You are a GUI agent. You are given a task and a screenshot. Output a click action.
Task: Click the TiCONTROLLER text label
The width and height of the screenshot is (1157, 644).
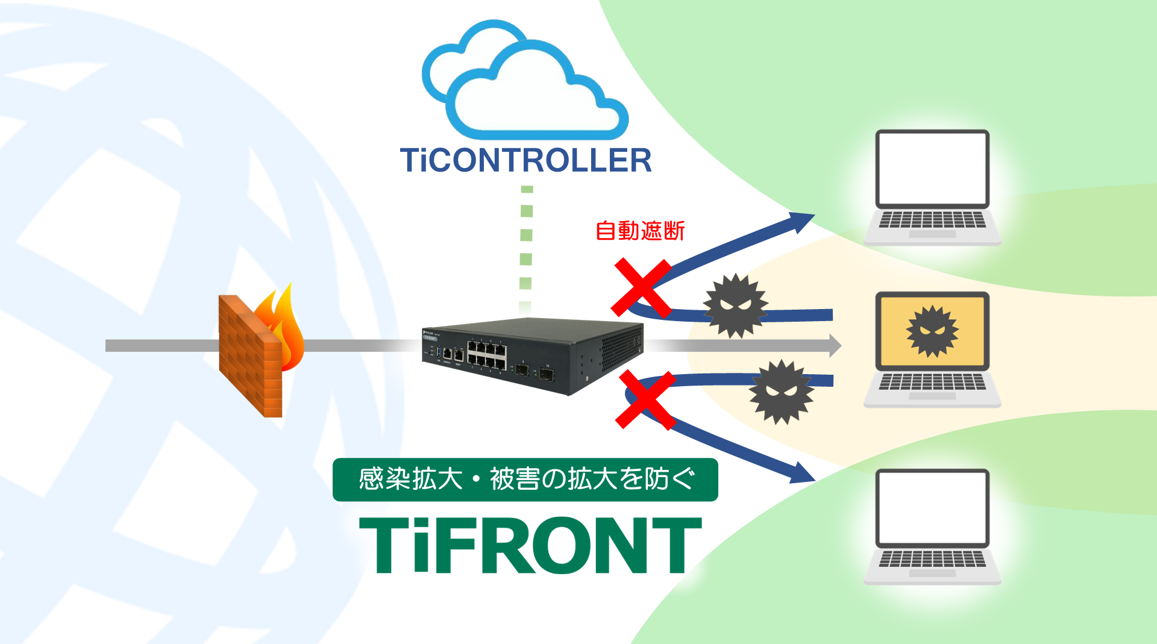pos(525,160)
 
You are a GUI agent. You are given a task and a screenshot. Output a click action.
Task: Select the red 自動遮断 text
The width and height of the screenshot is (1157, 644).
pos(640,231)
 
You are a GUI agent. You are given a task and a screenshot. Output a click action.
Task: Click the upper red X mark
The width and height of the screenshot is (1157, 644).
pos(641,288)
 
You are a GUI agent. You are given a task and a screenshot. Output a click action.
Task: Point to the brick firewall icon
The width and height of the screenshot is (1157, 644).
pos(250,355)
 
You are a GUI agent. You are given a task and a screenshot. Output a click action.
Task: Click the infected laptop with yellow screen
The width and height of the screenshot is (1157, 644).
pos(932,349)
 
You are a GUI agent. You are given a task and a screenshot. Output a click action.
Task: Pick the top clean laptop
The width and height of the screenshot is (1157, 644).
pos(932,187)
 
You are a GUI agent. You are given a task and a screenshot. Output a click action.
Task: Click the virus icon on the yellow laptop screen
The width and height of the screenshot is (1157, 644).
pos(932,331)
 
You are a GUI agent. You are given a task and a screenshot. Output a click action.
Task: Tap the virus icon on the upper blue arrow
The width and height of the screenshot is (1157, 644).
pos(735,305)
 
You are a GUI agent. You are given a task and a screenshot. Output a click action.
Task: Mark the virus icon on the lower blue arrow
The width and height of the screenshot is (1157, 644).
pos(781,392)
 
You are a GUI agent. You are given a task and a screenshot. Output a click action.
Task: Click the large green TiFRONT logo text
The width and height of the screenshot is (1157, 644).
pos(530,545)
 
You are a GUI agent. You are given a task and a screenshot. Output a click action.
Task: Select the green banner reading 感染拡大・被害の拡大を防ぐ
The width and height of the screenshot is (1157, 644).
pos(525,480)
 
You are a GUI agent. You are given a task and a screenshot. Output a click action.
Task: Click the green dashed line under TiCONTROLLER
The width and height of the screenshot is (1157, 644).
pos(526,247)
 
